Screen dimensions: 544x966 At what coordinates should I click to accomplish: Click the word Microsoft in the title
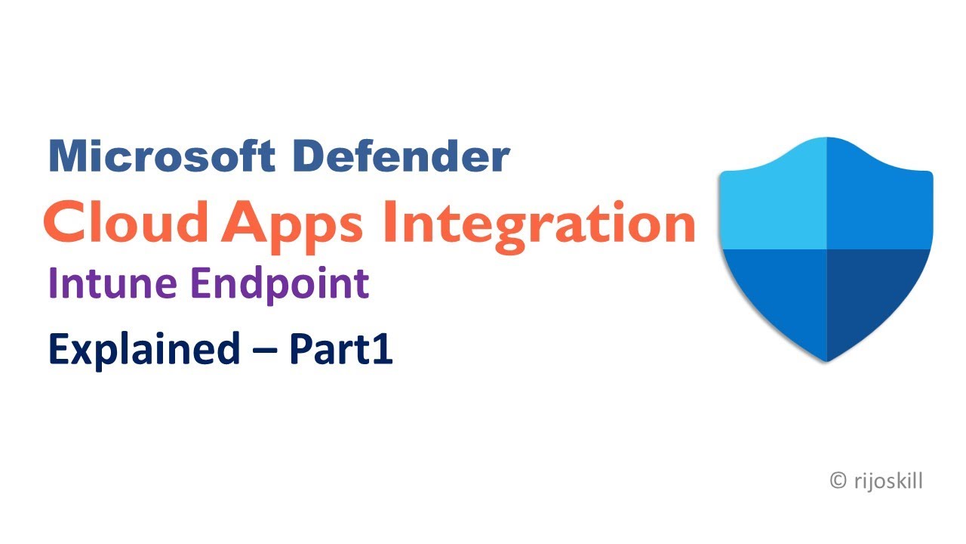click(x=161, y=156)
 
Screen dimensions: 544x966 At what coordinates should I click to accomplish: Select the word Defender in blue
click(x=401, y=156)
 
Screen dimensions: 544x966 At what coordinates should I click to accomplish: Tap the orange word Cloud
click(x=126, y=222)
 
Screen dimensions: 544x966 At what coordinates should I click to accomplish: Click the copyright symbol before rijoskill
click(x=837, y=481)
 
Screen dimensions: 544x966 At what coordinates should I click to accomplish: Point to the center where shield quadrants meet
click(x=827, y=249)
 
